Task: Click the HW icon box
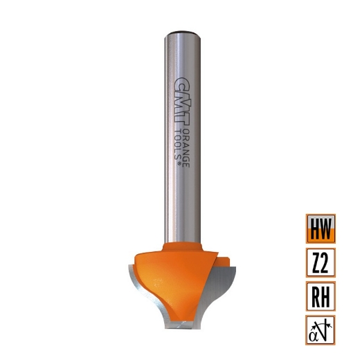(319, 227)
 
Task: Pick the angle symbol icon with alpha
(319, 329)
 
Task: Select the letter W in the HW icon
(326, 227)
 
